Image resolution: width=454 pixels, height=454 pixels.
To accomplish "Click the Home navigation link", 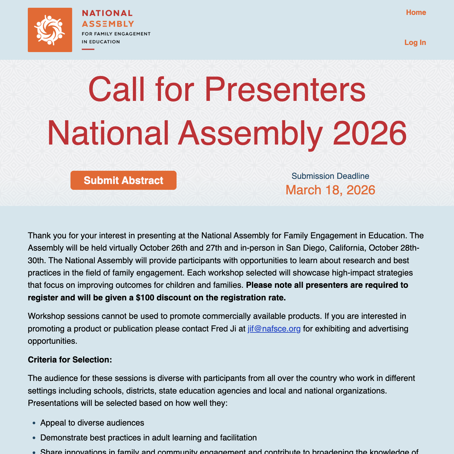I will coord(416,12).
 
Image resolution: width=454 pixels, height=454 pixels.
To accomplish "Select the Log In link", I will coord(415,42).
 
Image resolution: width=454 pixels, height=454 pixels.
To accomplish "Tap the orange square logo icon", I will coord(50,30).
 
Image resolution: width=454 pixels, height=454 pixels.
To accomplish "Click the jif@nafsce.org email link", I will coord(274,329).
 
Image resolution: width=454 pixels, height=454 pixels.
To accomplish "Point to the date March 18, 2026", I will coord(330,190).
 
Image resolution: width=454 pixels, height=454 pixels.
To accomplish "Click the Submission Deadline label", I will coord(330,176).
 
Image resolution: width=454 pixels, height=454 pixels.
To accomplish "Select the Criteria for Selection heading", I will coord(70,360).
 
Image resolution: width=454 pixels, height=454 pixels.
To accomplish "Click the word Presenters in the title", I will coord(285,89).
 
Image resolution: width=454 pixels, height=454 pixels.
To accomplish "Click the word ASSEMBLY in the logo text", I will coord(108,24).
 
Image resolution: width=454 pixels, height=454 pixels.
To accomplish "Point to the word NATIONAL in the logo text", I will coord(107,13).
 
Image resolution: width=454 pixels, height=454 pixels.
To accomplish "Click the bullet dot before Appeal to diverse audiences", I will coord(34,423).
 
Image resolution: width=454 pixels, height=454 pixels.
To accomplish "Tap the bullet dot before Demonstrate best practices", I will coord(34,438).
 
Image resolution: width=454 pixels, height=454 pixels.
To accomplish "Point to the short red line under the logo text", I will coord(88,49).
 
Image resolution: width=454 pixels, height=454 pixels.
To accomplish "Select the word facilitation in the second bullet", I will coord(238,438).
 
